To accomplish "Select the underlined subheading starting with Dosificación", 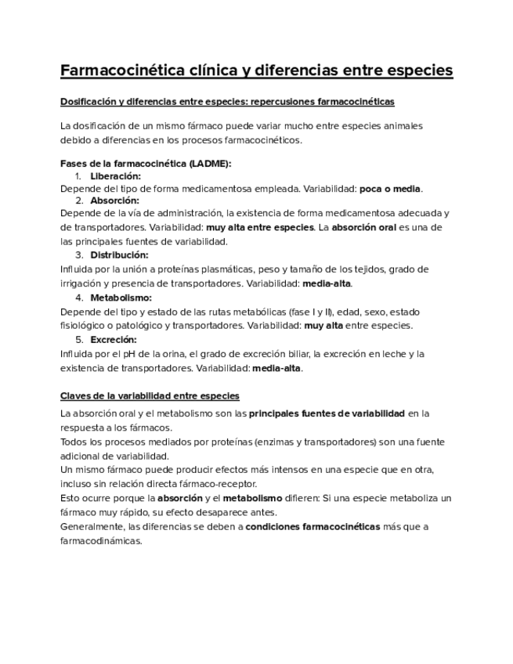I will (227, 102).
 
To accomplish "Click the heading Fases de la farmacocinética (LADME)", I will (146, 163).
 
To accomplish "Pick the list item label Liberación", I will (115, 176).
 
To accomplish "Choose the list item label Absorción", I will (114, 200).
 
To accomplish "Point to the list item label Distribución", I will (119, 255).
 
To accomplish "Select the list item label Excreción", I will (114, 340).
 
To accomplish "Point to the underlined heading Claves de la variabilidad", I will (150, 396).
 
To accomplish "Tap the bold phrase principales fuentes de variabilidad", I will (327, 413).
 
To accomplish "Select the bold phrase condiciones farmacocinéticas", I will (312, 526).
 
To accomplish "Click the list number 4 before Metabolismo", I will (79, 298).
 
